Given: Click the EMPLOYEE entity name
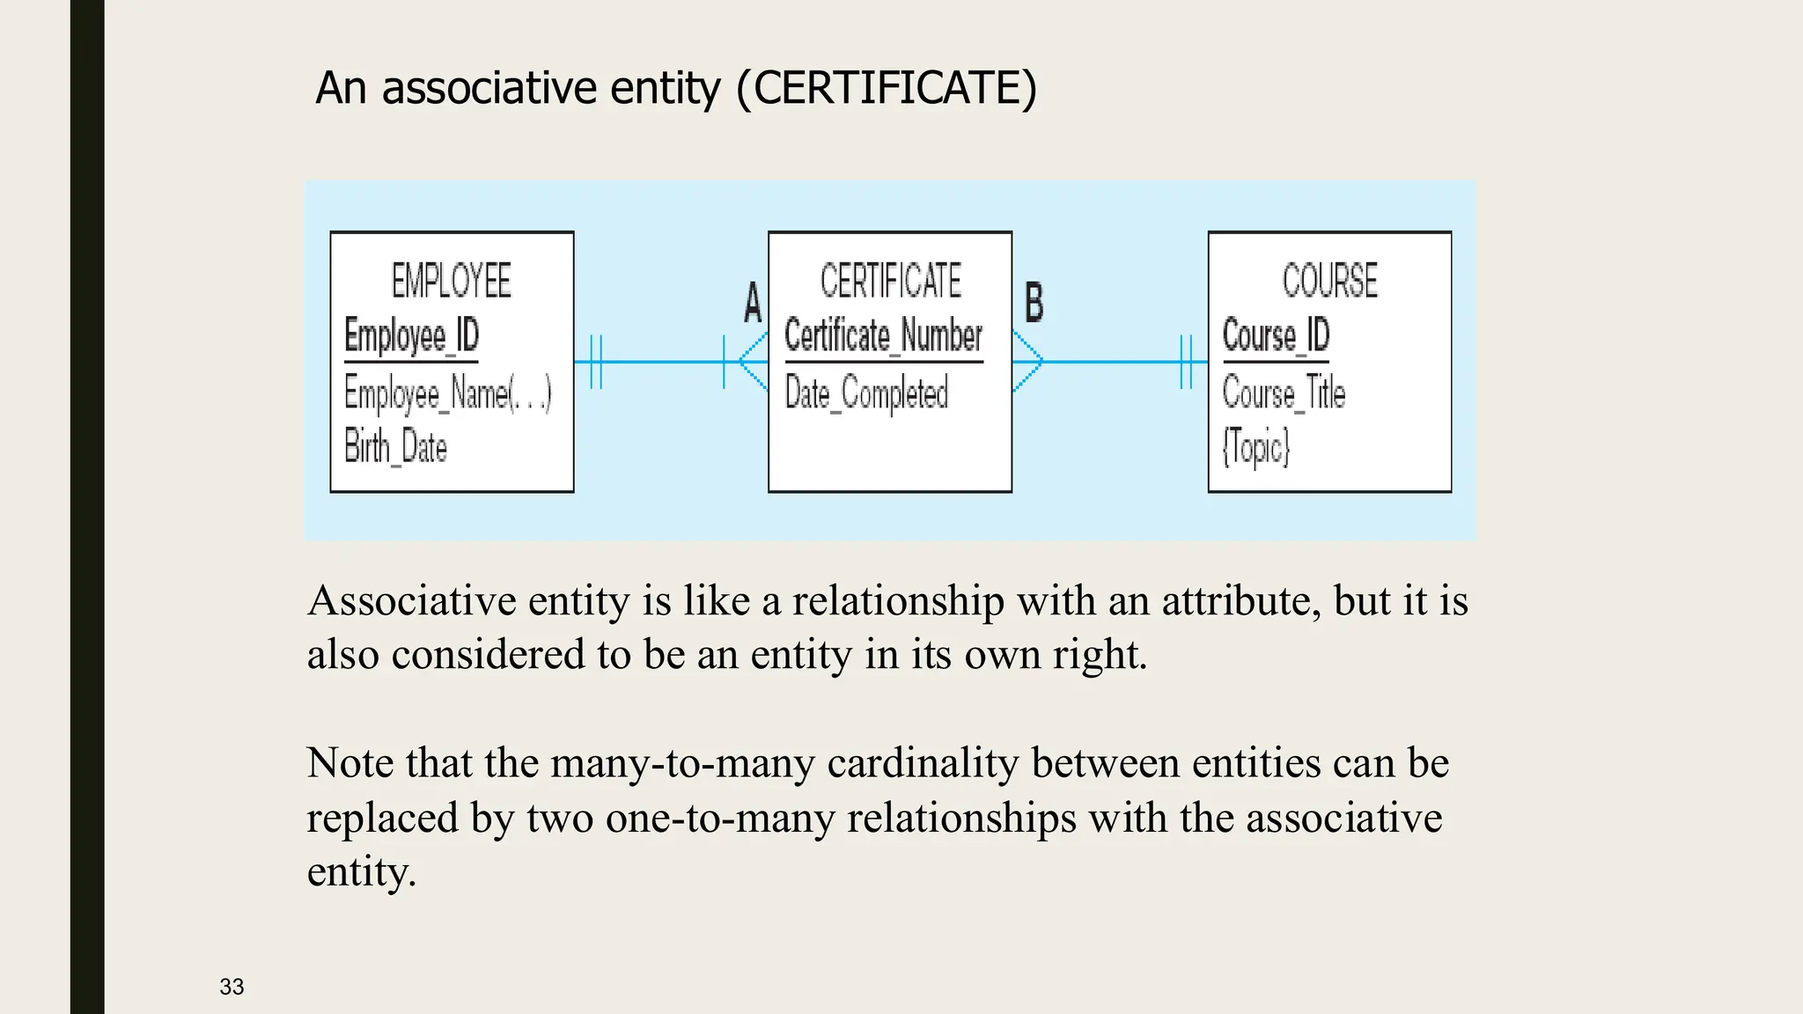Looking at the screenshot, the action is [451, 281].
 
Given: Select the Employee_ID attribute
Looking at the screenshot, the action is [411, 335].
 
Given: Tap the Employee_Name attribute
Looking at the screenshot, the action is [447, 393].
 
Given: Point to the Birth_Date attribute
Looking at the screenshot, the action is [395, 446].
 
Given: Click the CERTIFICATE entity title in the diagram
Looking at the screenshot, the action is [890, 281].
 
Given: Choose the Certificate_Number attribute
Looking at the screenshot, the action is [883, 335].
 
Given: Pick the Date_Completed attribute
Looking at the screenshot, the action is [866, 393].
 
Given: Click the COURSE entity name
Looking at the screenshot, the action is [1329, 281].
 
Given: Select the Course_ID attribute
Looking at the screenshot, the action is [1276, 335].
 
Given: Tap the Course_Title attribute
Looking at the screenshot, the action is [1284, 393].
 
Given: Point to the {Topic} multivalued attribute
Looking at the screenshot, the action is [1255, 447].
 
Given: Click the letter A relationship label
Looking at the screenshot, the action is [753, 303].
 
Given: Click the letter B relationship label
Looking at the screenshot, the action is [1034, 302].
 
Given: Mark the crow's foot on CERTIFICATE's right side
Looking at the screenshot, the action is [1028, 362].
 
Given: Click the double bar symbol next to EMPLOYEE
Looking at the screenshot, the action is [596, 362].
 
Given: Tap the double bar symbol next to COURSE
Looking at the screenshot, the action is [1186, 362].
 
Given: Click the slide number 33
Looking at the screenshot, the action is [232, 987].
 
